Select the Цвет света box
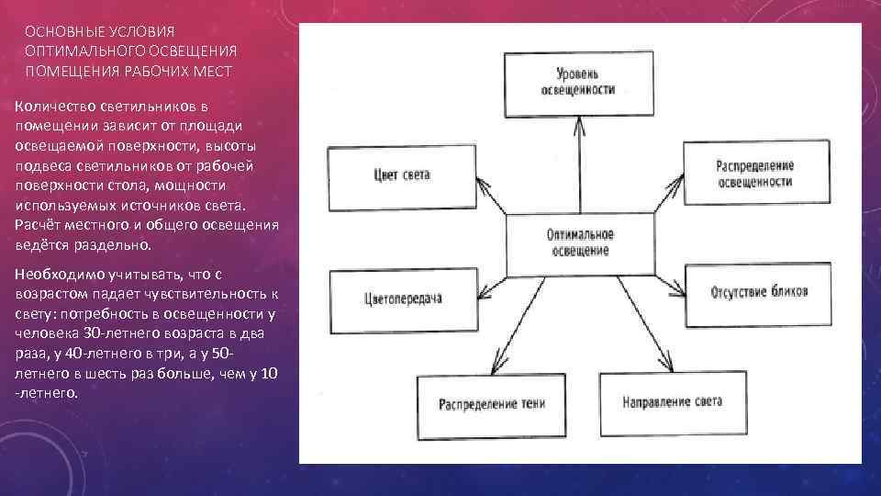(401, 174)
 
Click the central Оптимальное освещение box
(580, 243)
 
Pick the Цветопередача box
(401, 299)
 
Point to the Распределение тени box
(491, 402)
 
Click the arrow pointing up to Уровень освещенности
(580, 165)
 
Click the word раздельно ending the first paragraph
(115, 246)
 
